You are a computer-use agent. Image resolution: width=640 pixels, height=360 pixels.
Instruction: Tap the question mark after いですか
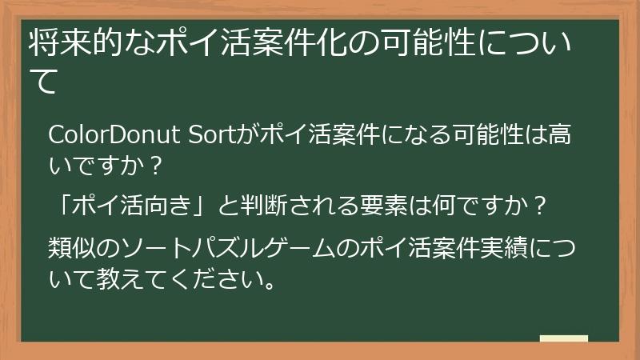(157, 166)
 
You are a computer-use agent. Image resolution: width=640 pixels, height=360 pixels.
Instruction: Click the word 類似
(72, 247)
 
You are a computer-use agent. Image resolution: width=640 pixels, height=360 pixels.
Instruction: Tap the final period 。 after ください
(270, 285)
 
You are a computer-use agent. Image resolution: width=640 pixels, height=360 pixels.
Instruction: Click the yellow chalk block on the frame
(563, 339)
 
